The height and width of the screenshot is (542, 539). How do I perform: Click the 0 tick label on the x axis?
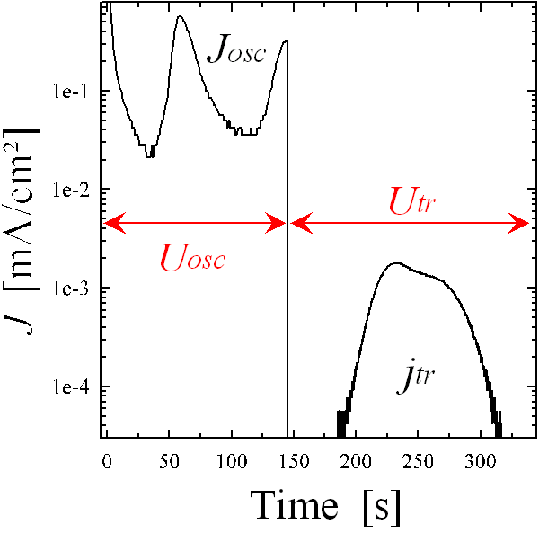(x=107, y=460)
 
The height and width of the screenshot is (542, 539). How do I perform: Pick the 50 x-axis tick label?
(x=169, y=460)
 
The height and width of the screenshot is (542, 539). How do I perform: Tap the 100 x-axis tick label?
(x=232, y=460)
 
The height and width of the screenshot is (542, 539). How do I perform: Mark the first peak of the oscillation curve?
(x=180, y=16)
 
